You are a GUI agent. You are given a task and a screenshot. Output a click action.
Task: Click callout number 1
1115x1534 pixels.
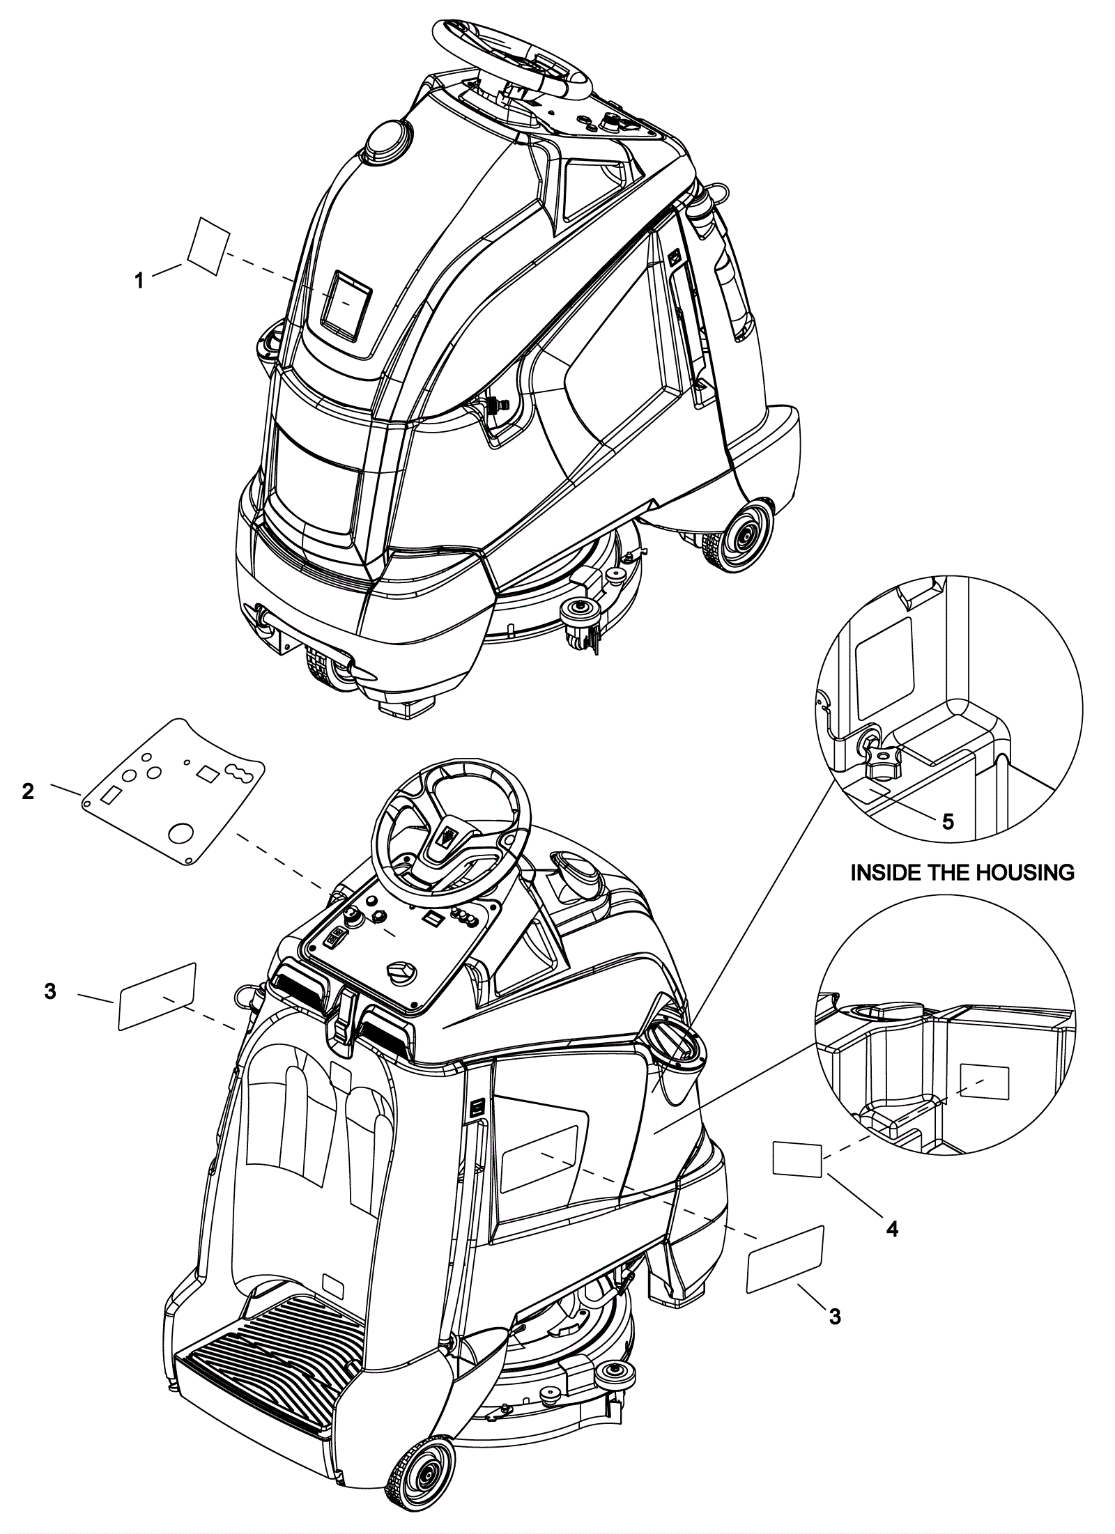139,281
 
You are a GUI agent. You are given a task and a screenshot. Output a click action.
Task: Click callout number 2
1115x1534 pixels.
28,791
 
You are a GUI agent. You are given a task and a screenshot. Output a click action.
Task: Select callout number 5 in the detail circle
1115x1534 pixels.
948,821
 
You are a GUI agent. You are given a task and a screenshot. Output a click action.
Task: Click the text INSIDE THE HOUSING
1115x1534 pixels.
962,872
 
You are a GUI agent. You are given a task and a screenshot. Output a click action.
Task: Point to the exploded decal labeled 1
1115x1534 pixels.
209,246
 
